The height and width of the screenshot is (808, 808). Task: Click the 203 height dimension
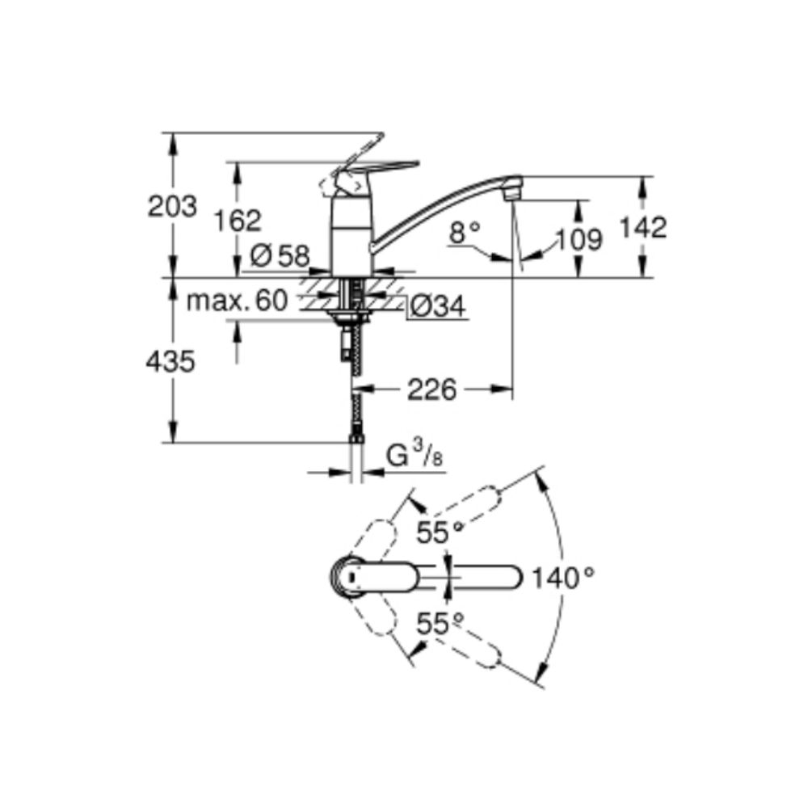(x=172, y=207)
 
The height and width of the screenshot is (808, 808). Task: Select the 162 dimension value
(x=239, y=220)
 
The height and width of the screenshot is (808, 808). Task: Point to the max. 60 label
(x=237, y=301)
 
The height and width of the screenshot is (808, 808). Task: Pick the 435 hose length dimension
(x=170, y=363)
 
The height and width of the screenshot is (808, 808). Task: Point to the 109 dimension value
(x=579, y=239)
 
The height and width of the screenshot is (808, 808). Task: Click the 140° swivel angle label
(x=563, y=577)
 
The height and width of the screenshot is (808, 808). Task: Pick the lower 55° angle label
(x=440, y=623)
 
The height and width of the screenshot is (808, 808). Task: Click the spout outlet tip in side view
(x=510, y=192)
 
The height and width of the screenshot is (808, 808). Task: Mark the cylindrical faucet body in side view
(x=350, y=234)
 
